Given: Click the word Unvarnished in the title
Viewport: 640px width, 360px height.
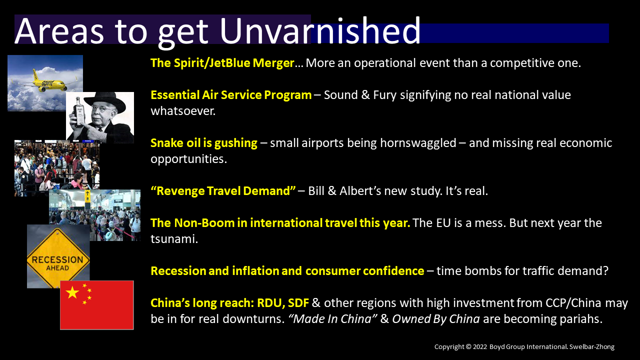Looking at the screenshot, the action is [x=319, y=30].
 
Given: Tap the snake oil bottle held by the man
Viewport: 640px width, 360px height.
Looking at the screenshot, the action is [x=78, y=111].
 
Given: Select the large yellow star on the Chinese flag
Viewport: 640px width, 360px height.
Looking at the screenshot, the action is [x=72, y=292].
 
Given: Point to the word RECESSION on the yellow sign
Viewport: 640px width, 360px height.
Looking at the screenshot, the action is [x=57, y=259].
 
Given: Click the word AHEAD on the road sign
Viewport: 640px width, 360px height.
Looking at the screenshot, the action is [x=57, y=268].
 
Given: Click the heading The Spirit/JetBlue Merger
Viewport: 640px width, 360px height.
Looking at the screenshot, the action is [x=222, y=63].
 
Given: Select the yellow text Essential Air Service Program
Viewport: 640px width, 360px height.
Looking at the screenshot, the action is [x=231, y=95].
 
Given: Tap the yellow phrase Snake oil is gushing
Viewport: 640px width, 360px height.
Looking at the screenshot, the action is [x=203, y=143].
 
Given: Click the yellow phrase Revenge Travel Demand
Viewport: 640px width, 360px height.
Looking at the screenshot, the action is [x=223, y=191].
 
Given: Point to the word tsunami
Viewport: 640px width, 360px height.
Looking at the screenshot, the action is [x=174, y=239].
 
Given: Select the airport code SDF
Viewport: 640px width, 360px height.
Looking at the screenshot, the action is [x=298, y=303].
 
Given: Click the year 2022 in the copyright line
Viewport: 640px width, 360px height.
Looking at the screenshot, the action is [x=479, y=347].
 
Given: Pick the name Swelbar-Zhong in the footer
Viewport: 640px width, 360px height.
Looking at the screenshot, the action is [x=591, y=347].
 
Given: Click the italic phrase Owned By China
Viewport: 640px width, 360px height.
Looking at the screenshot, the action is [x=435, y=319].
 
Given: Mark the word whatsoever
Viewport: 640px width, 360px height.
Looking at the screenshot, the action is [x=183, y=111].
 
